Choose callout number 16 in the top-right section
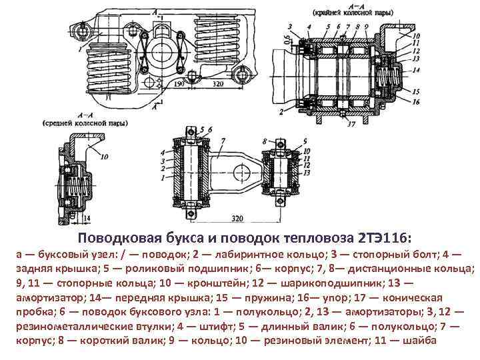(416, 102)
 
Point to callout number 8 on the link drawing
(265, 141)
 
